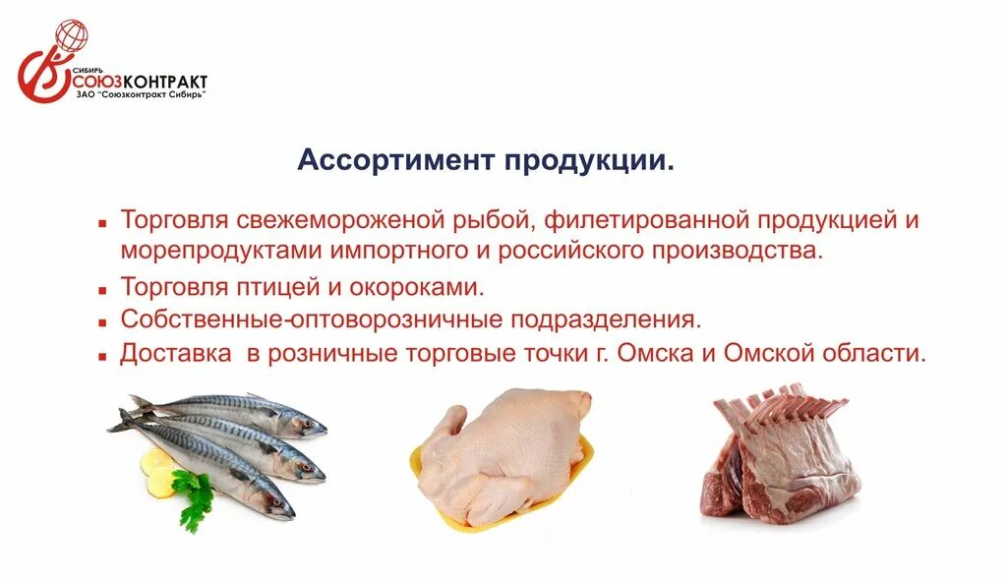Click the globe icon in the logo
coord(72,36)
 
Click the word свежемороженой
coord(349,220)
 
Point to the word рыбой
coord(499,220)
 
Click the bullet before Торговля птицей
coord(101,290)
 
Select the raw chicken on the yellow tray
coord(502,447)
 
